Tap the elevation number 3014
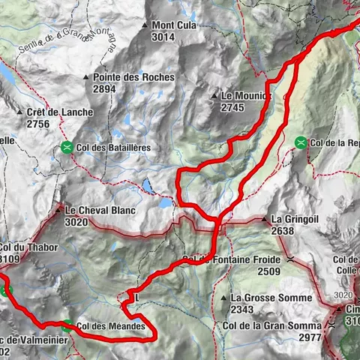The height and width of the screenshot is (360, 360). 164,36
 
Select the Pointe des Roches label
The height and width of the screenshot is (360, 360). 133,77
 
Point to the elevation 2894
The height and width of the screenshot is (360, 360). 105,88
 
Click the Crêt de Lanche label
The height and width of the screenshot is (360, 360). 59,112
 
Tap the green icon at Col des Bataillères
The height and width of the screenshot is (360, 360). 68,148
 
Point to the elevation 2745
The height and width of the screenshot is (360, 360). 233,108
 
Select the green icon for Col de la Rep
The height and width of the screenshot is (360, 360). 301,142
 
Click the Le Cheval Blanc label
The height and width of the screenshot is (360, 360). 100,211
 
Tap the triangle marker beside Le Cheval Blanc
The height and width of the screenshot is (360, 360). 58,211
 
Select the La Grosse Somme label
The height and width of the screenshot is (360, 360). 271,298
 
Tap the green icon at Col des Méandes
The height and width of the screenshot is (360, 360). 67,325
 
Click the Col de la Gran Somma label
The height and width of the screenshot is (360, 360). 273,326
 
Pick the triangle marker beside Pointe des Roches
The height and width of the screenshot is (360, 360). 86,77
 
